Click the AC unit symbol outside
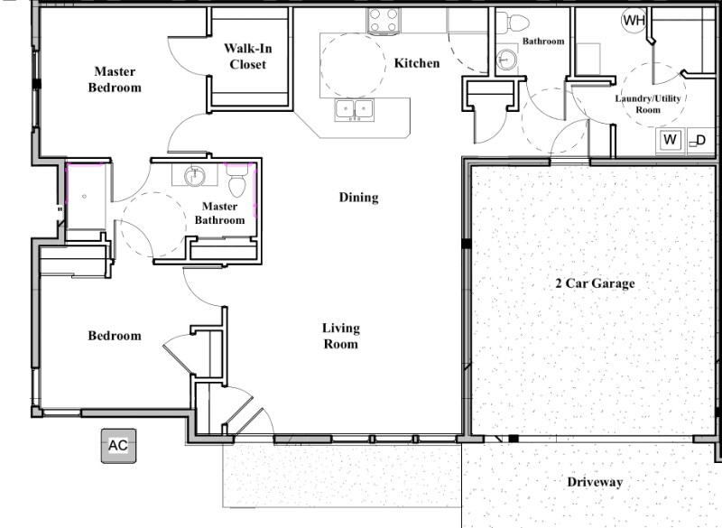[x=118, y=446]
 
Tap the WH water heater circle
[x=634, y=20]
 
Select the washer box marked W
[x=671, y=140]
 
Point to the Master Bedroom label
[x=115, y=79]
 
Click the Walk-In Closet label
[x=247, y=56]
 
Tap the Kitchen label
[x=417, y=62]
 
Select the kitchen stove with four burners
[x=384, y=21]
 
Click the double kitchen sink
[x=355, y=109]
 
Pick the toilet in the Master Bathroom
[x=237, y=180]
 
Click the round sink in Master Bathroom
[x=195, y=175]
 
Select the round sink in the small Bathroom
[x=506, y=60]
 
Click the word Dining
[x=358, y=198]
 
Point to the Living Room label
[x=341, y=336]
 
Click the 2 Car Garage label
[x=595, y=283]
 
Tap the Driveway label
[x=595, y=482]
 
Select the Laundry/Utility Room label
[x=648, y=104]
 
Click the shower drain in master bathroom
[x=84, y=197]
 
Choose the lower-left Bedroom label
[x=115, y=336]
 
